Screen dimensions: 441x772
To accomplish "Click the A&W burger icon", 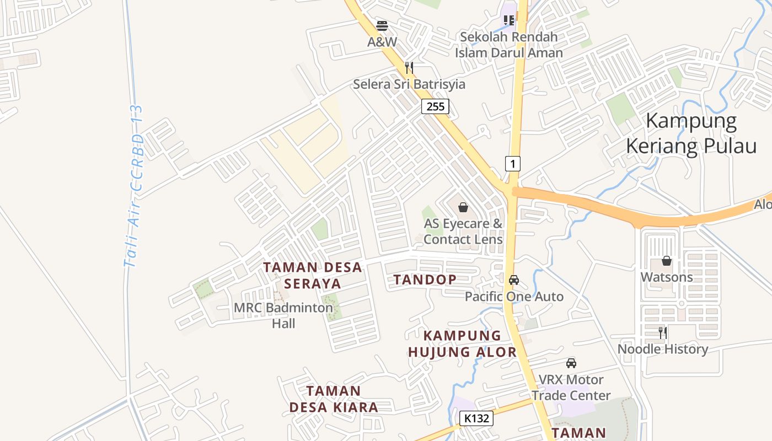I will tap(382, 25).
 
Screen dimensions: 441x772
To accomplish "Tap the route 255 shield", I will tap(435, 106).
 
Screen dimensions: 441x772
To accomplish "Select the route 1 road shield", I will tap(513, 164).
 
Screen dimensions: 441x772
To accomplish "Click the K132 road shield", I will tap(476, 418).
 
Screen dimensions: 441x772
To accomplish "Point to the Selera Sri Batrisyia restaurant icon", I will tap(409, 68).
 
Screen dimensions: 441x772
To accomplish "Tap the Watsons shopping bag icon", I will tap(667, 261).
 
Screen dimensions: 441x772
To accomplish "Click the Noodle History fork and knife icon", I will tap(663, 333).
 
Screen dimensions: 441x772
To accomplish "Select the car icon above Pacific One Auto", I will tap(514, 280).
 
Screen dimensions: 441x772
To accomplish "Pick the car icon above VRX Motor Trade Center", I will tap(571, 363).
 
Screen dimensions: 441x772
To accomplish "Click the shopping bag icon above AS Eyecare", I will tap(463, 207).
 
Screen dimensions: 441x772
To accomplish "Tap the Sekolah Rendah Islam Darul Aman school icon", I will tap(509, 21).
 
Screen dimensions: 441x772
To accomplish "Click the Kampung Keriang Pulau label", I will tap(691, 134).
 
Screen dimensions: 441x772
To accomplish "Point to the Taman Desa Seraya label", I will tap(313, 276).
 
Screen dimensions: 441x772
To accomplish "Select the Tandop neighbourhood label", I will tap(425, 279).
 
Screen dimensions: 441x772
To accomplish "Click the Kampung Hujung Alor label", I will tap(463, 343).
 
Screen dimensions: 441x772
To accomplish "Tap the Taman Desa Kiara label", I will tap(334, 399).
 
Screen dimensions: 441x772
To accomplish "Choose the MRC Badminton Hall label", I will tap(283, 315).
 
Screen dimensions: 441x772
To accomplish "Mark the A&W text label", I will tap(382, 42).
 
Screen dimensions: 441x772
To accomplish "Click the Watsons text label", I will tap(667, 277).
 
